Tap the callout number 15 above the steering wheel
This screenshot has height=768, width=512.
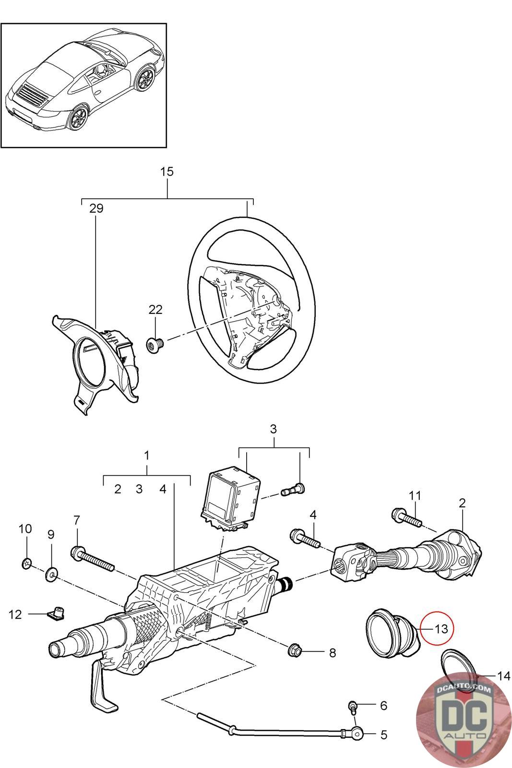click(167, 172)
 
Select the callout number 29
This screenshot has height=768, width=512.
click(96, 208)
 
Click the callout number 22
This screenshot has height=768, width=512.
click(155, 310)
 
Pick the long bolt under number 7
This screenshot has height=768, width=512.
click(92, 560)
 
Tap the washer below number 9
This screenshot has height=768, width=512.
click(51, 573)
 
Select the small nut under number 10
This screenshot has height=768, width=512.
click(27, 563)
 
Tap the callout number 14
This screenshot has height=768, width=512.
click(503, 676)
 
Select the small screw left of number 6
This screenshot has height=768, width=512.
click(354, 706)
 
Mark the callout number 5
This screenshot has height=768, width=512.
click(383, 734)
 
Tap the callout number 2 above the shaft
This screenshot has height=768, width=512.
click(462, 503)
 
